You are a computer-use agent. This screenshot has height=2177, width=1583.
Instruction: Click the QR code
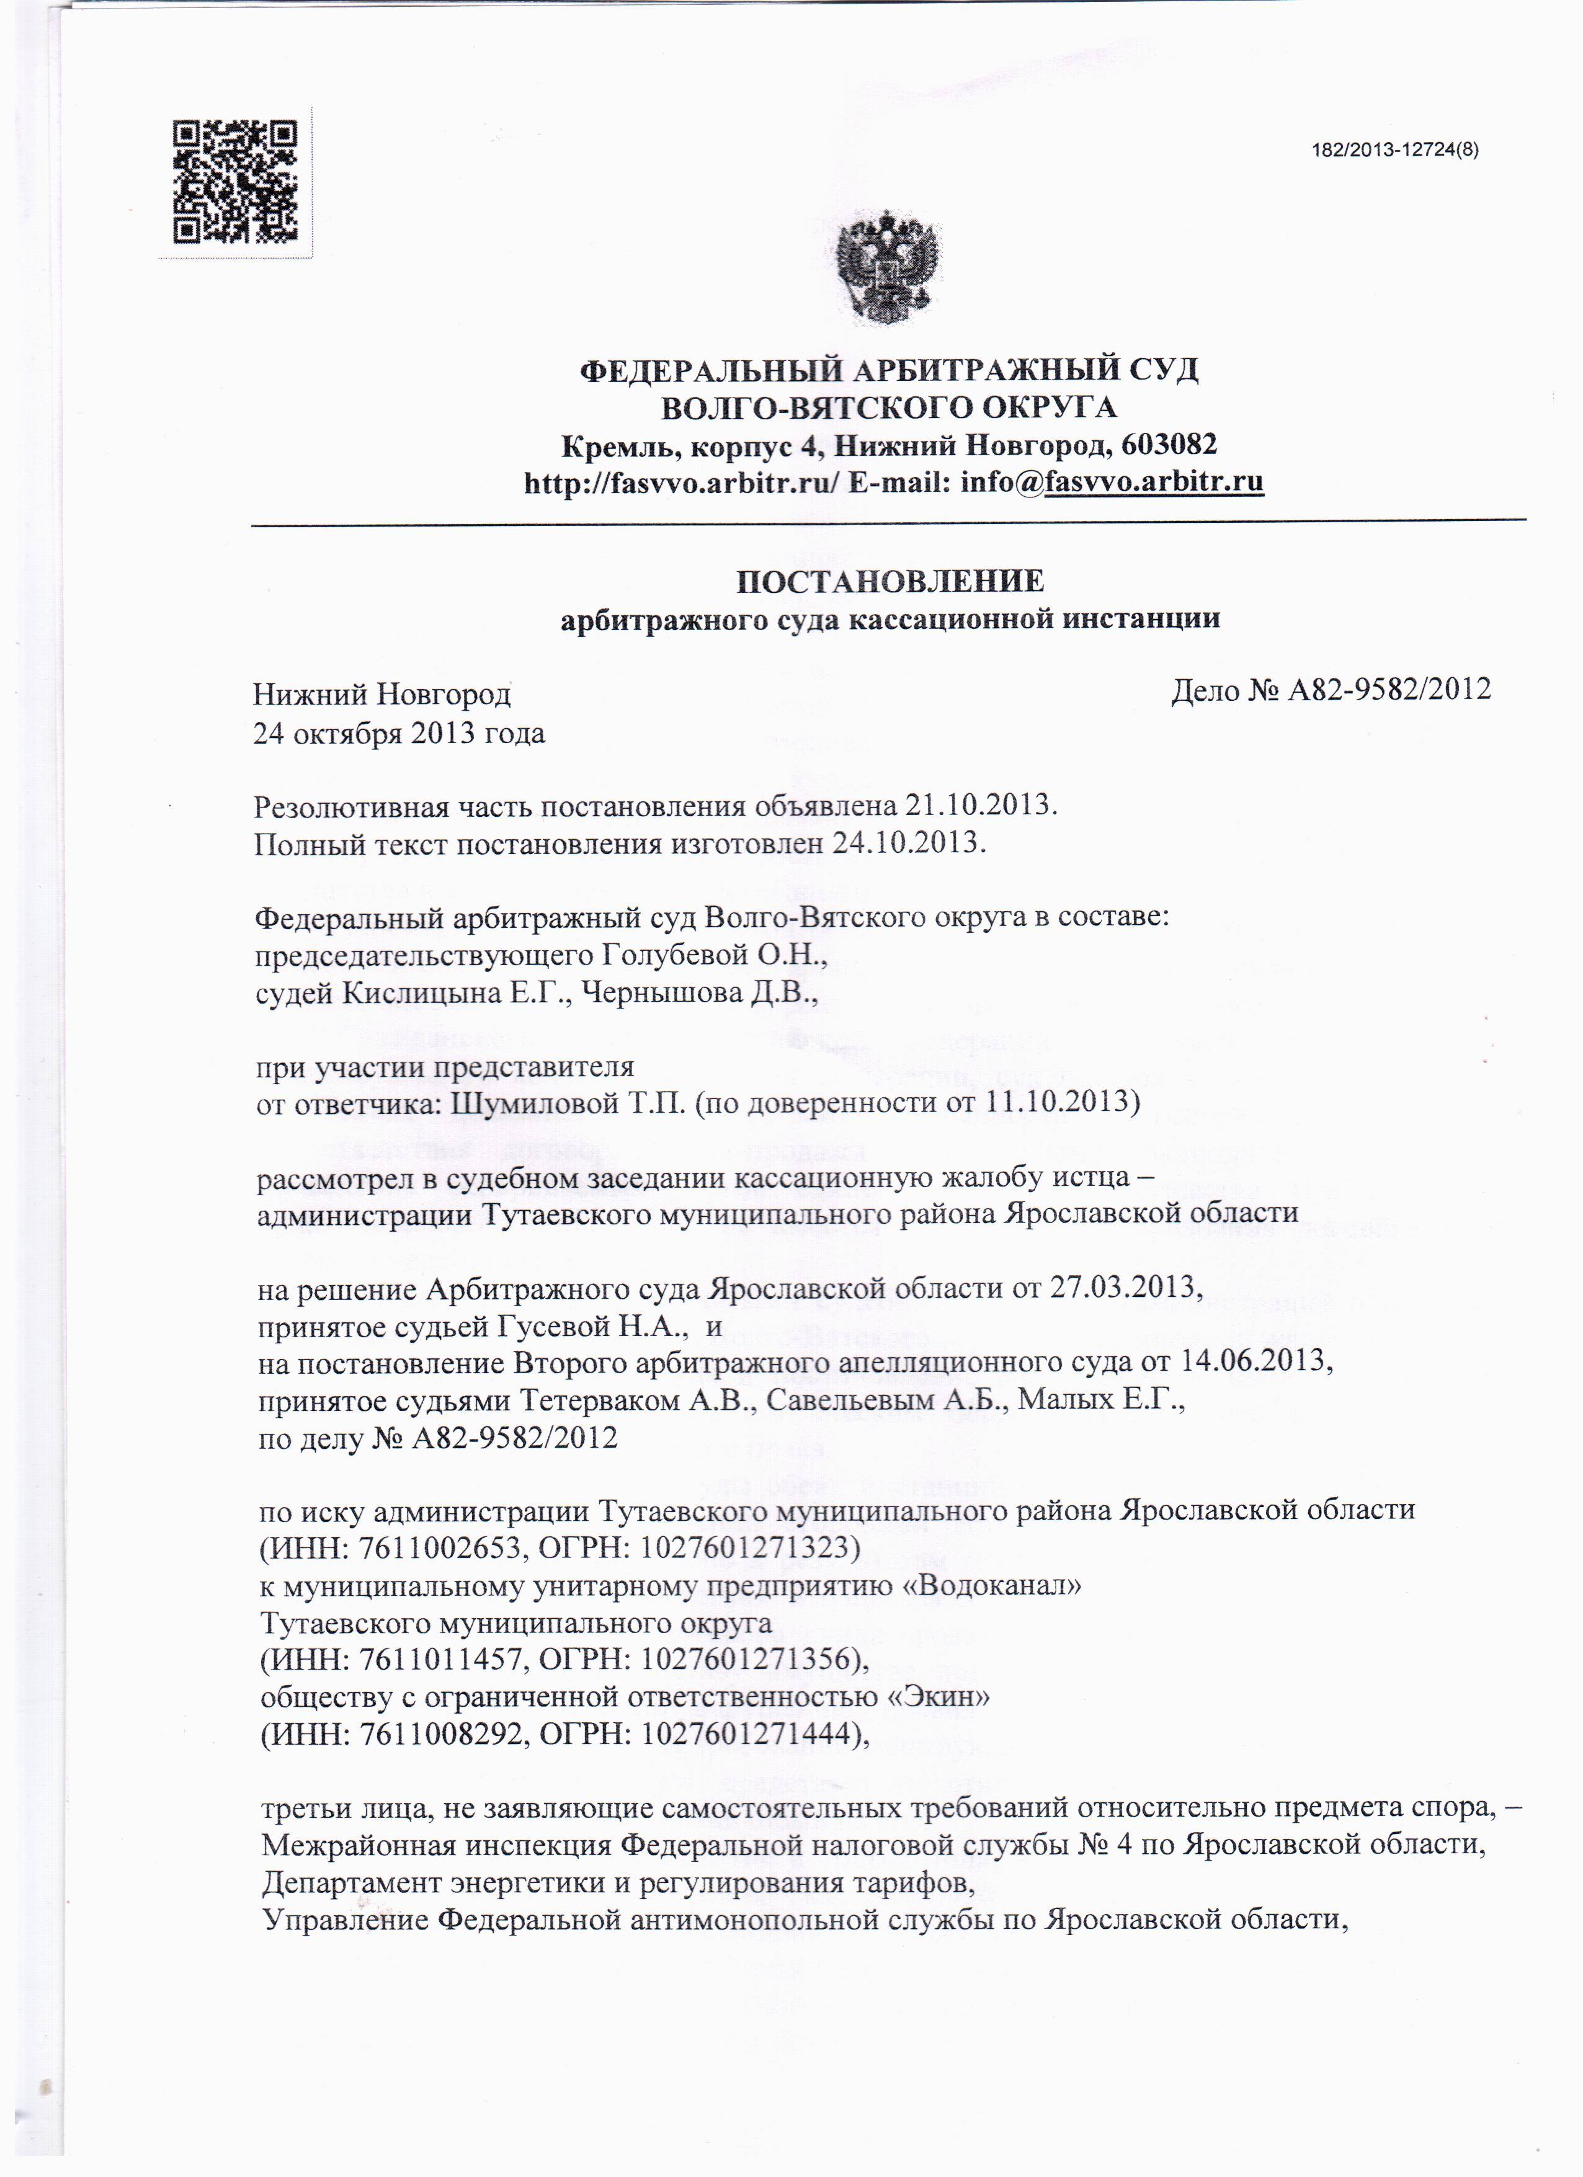click(x=235, y=182)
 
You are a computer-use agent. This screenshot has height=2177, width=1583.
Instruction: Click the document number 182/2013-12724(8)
click(x=1394, y=149)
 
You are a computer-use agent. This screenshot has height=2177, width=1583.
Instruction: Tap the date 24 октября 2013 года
click(x=398, y=733)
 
